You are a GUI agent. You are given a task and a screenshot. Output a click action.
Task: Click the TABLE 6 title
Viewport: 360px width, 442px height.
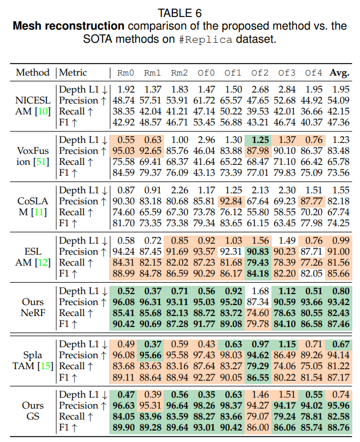tap(180, 13)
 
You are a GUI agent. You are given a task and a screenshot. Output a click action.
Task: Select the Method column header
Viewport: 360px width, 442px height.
tap(32, 72)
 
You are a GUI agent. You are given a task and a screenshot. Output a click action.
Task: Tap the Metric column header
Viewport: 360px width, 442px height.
tap(73, 72)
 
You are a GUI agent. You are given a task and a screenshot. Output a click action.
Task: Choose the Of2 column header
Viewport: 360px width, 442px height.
tap(260, 72)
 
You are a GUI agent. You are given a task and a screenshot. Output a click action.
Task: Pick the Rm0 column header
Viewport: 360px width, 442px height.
tap(126, 72)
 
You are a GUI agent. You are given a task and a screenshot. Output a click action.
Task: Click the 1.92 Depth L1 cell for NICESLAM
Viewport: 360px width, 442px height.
tap(126, 89)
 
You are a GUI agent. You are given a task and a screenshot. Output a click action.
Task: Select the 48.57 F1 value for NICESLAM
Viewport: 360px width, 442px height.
tap(152, 122)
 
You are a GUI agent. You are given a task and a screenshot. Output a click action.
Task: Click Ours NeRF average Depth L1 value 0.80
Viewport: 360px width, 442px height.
tap(340, 291)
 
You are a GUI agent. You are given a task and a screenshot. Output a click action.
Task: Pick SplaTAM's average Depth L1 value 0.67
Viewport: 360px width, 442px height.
tap(340, 344)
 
